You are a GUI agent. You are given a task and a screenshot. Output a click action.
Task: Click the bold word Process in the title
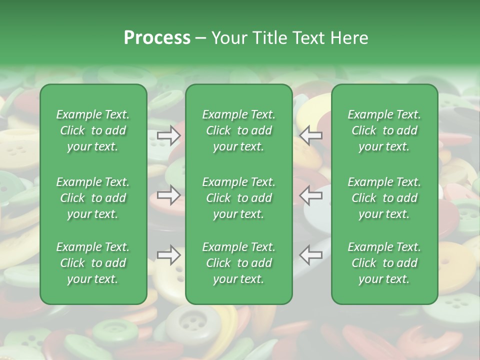tap(157, 38)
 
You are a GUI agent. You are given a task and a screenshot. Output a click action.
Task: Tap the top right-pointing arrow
tap(169, 135)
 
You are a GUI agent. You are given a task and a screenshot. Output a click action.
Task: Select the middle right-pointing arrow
tap(169, 194)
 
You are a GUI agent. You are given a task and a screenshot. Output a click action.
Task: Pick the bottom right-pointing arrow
tap(169, 255)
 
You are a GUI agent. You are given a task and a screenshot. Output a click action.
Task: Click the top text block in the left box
tap(93, 130)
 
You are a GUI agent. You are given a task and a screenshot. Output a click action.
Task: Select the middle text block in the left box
tap(93, 198)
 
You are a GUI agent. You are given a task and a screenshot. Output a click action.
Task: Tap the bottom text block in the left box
tap(93, 263)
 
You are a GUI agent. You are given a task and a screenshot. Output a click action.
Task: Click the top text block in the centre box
tap(239, 130)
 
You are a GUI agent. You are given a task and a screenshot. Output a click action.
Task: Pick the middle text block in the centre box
tap(239, 198)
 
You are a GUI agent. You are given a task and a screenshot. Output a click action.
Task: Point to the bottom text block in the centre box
tap(239, 263)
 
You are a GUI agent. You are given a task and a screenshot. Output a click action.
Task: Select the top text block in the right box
tap(384, 130)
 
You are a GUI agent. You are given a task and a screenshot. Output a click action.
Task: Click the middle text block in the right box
tap(384, 198)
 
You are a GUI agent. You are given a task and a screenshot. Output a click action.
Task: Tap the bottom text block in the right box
tap(384, 263)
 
